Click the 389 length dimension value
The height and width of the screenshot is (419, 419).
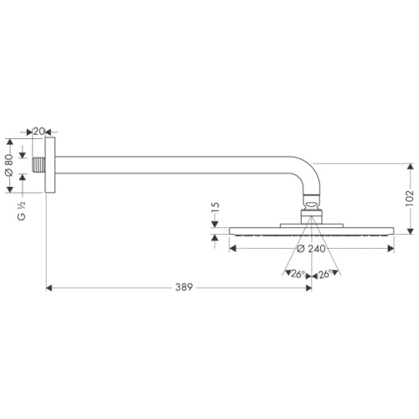click(184, 287)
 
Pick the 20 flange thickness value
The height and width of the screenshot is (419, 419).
click(39, 132)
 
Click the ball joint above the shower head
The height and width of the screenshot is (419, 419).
click(312, 202)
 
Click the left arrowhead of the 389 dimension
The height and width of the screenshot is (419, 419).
click(49, 287)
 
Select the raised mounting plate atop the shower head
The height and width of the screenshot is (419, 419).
click(312, 222)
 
